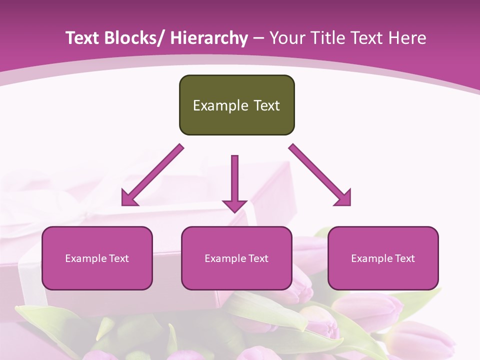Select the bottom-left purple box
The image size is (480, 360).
tap(97, 258)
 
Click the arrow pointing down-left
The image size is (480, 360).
tap(152, 175)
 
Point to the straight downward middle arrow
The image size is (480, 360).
tap(234, 180)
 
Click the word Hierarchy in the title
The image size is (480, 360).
tap(209, 38)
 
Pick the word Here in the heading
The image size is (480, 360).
tap(407, 38)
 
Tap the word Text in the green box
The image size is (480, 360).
tap(266, 105)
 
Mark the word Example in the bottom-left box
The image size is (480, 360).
tap(85, 258)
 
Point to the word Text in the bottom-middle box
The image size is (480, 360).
tap(258, 258)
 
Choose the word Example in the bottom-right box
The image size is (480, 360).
tap(371, 258)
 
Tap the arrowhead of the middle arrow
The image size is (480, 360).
tap(234, 205)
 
